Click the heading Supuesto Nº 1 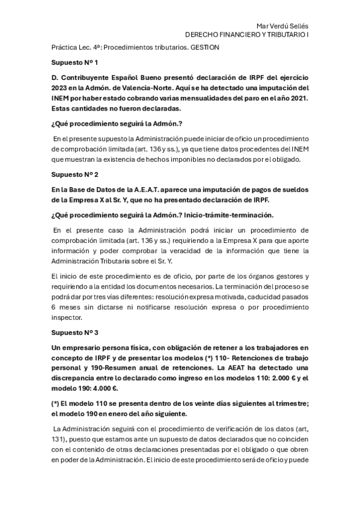coord(75,62)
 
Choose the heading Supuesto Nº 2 coord(75,174)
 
